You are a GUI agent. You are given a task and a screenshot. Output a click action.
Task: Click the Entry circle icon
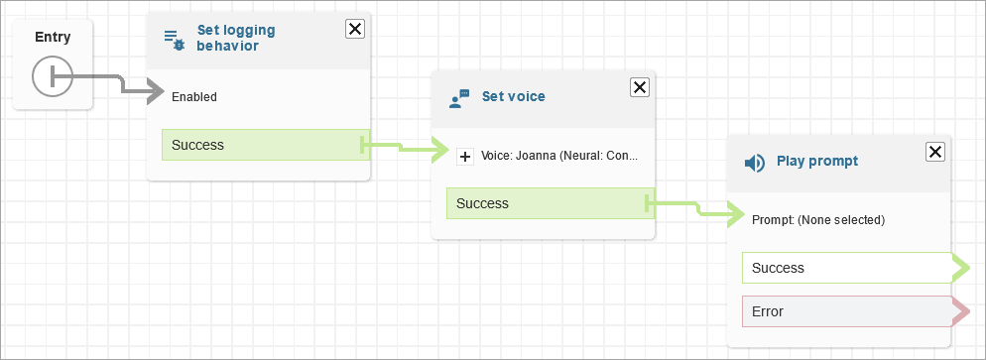click(53, 77)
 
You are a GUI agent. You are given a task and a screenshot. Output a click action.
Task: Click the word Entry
click(53, 37)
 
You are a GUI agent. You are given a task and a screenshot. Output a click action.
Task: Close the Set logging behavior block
click(355, 29)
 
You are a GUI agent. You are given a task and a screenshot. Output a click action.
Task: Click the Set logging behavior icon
click(175, 40)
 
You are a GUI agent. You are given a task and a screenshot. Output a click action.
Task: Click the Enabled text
click(194, 97)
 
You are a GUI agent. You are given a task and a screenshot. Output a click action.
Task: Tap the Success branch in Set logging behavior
click(266, 145)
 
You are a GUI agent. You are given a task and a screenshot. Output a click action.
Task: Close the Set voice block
click(640, 87)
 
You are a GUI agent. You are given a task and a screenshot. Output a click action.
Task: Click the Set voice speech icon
click(459, 98)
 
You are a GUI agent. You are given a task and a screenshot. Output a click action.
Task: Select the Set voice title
click(513, 96)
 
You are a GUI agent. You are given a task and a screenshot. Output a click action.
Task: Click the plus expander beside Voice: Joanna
click(465, 157)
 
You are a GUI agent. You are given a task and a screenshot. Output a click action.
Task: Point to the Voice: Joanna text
click(559, 156)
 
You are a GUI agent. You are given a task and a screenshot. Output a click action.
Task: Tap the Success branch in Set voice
click(551, 203)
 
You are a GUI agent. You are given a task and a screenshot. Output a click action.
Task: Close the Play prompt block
click(935, 152)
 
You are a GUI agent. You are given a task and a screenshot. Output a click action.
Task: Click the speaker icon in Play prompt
click(755, 164)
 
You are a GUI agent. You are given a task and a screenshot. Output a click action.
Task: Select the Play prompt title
click(817, 161)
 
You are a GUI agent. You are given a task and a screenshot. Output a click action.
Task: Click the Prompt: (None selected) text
click(818, 220)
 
